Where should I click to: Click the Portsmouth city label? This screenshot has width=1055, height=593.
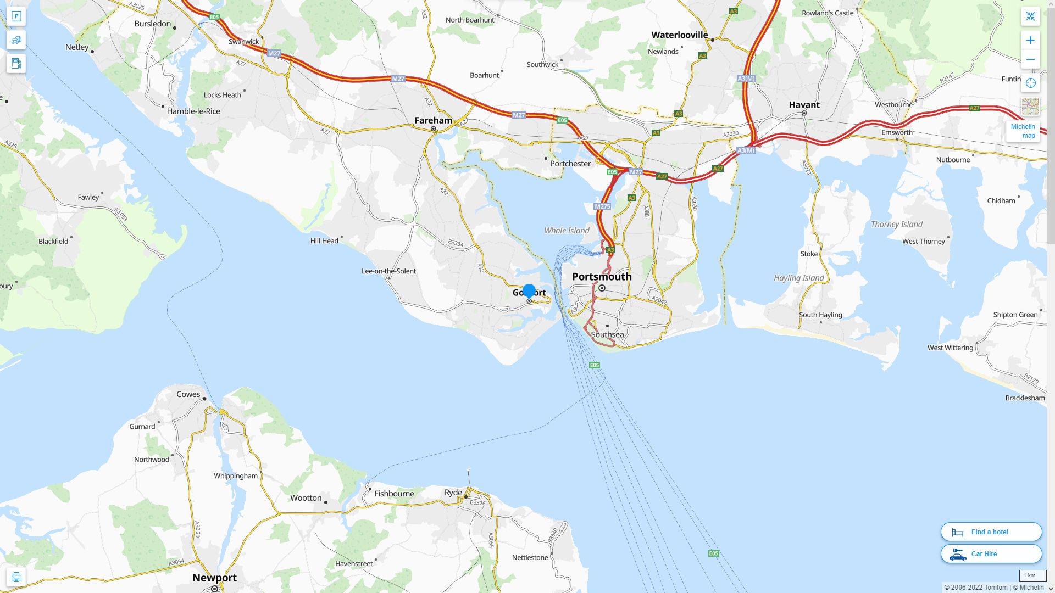[602, 277]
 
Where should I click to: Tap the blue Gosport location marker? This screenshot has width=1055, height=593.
[529, 291]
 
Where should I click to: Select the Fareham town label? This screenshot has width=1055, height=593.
[433, 120]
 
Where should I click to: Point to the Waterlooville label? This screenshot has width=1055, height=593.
[679, 35]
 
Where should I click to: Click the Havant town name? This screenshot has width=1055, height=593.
[804, 105]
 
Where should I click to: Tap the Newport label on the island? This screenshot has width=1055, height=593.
[214, 578]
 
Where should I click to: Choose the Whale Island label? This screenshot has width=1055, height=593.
[567, 231]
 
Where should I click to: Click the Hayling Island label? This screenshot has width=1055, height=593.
[799, 278]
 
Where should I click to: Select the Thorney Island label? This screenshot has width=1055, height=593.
[896, 225]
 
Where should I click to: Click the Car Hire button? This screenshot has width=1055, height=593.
[991, 554]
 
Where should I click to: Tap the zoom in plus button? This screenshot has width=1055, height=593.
[1030, 40]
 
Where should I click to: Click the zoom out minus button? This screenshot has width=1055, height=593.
[1030, 59]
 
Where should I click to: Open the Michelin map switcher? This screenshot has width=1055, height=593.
[1023, 131]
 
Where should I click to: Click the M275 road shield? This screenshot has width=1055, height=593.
[602, 206]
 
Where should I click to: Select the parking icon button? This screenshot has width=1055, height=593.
[16, 16]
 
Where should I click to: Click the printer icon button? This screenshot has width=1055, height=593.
[16, 577]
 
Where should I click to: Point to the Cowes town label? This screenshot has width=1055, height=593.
[188, 394]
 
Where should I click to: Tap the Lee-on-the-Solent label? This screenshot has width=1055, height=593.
[388, 271]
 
